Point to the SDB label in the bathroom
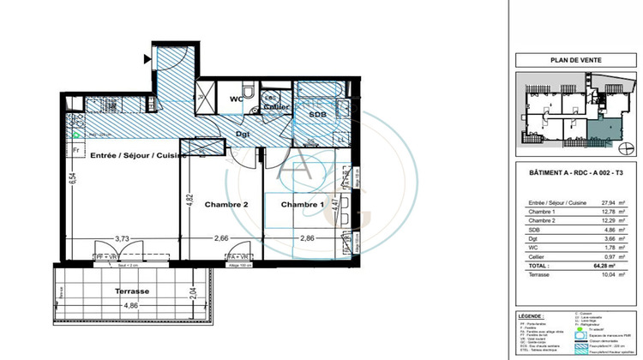pos(317,114)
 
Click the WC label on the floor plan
pos(237,99)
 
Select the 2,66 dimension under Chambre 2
pos(222,239)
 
